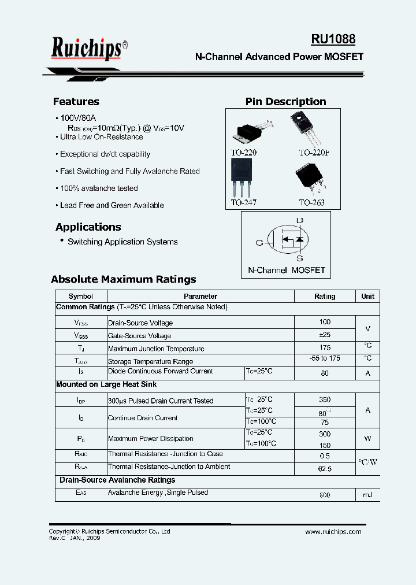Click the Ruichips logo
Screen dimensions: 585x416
(87, 49)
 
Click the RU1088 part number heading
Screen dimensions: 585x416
(333, 39)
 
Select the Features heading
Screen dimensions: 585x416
(76, 102)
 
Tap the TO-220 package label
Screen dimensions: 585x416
(244, 153)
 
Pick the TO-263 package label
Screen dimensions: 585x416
(311, 203)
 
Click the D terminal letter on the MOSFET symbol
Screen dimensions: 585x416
(299, 220)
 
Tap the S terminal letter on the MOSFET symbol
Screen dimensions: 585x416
(300, 258)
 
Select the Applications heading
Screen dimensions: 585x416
(88, 227)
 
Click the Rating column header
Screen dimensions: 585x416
(325, 296)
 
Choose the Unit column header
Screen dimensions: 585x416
(367, 296)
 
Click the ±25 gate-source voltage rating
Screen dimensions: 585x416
(325, 335)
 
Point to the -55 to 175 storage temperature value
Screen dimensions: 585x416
(325, 358)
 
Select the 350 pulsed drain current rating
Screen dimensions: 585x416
(325, 399)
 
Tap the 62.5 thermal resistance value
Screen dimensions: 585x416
(325, 469)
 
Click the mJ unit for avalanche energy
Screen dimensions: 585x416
(367, 495)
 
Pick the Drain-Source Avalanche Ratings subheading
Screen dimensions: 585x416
(117, 480)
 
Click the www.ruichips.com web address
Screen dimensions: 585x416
(333, 532)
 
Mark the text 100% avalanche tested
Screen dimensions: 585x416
(99, 188)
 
